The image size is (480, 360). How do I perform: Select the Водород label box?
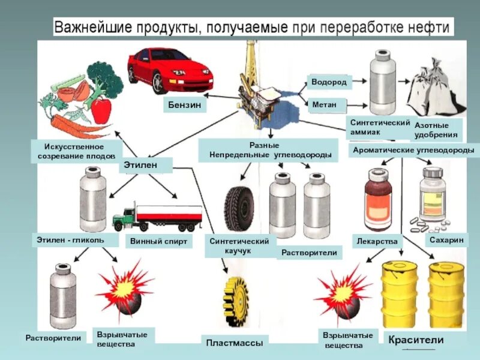point(329,82)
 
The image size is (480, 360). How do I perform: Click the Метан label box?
point(324,105)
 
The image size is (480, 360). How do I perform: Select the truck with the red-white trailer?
point(158,217)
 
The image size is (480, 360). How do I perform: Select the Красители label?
point(416,340)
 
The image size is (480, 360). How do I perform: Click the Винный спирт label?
point(158,242)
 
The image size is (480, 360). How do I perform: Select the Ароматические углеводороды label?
point(413,149)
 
